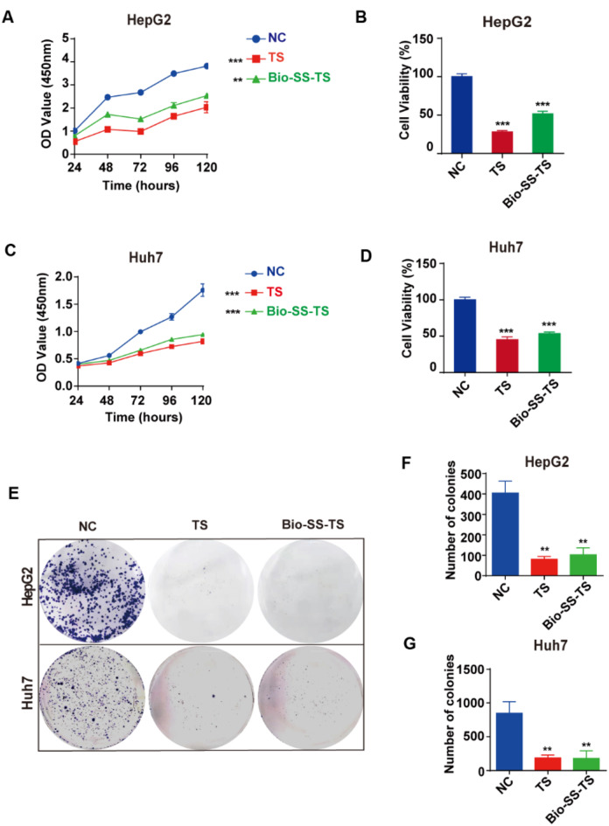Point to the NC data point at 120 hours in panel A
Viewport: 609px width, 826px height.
206,66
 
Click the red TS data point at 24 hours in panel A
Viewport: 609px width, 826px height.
74,140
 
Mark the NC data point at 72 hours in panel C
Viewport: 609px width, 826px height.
141,331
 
